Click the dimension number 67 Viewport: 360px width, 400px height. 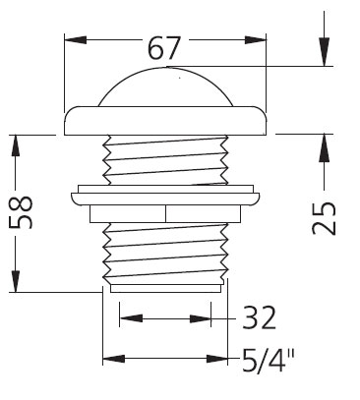[164, 48]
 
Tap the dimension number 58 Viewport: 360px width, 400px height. [21, 212]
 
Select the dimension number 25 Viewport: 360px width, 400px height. [324, 218]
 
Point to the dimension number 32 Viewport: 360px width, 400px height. [259, 317]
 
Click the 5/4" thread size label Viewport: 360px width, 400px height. [269, 360]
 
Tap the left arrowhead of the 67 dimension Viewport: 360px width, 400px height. [75, 40]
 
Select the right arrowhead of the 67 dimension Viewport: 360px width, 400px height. [256, 40]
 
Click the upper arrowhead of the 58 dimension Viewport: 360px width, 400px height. [15, 145]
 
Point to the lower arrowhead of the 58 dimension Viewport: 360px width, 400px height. [15, 281]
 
